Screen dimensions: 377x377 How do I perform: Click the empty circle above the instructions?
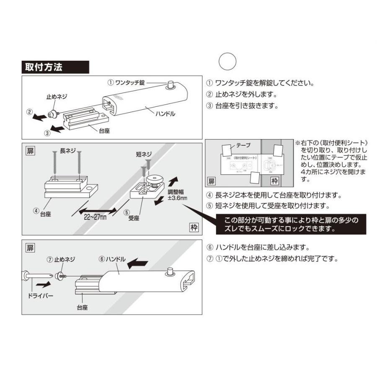(228, 61)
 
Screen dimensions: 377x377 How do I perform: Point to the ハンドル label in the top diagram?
(166, 114)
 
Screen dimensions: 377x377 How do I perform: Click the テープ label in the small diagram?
(243, 145)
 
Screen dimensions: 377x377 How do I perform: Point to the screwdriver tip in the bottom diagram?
(55, 276)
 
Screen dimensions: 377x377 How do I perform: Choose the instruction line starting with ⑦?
(272, 258)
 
